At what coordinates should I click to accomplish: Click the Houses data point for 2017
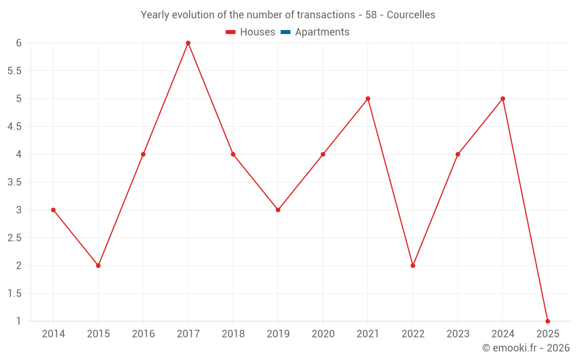coord(188,43)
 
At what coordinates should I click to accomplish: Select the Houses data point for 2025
coord(548,321)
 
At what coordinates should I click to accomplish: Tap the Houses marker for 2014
coord(54,210)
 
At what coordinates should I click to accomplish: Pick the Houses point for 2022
coord(413,266)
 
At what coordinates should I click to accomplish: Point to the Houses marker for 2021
coord(368,98)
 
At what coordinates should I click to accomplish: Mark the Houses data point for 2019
coord(278,210)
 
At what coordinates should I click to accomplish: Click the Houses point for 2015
coord(98,266)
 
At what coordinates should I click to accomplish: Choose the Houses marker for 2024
coord(503,98)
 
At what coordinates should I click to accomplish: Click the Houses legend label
coord(257,32)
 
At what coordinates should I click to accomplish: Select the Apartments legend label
coord(322,32)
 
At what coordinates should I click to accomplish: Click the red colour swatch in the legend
coord(231,32)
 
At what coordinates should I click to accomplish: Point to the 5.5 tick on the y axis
coord(14,71)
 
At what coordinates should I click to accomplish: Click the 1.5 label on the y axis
coord(14,293)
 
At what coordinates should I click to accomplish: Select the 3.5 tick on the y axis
coord(14,182)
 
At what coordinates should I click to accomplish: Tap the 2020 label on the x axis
coord(323,334)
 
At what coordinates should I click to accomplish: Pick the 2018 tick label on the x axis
coord(233,334)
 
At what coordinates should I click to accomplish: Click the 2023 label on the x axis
coord(458,334)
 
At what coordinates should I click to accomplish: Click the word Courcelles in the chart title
coord(411,15)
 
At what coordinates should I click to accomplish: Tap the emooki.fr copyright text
coord(526,348)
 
